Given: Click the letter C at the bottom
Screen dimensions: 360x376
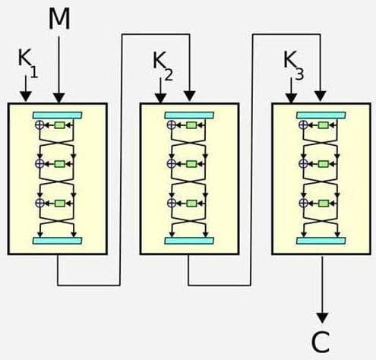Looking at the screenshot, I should pos(322,343).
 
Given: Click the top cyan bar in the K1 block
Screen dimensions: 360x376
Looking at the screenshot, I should pos(58,114).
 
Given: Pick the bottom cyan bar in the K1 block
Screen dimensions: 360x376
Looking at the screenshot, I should pos(58,240).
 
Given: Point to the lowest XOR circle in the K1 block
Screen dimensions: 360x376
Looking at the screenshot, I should pos(39,203).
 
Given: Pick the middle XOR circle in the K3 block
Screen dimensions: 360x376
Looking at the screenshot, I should pos(303,163).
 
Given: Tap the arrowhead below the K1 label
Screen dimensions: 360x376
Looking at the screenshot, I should pos(26,96).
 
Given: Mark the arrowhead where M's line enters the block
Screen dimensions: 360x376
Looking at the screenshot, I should pos(59,96).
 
